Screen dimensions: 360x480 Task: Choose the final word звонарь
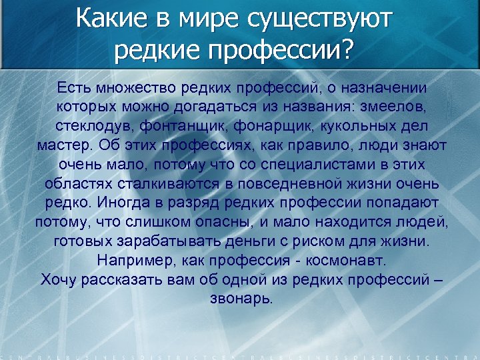click(241, 297)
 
